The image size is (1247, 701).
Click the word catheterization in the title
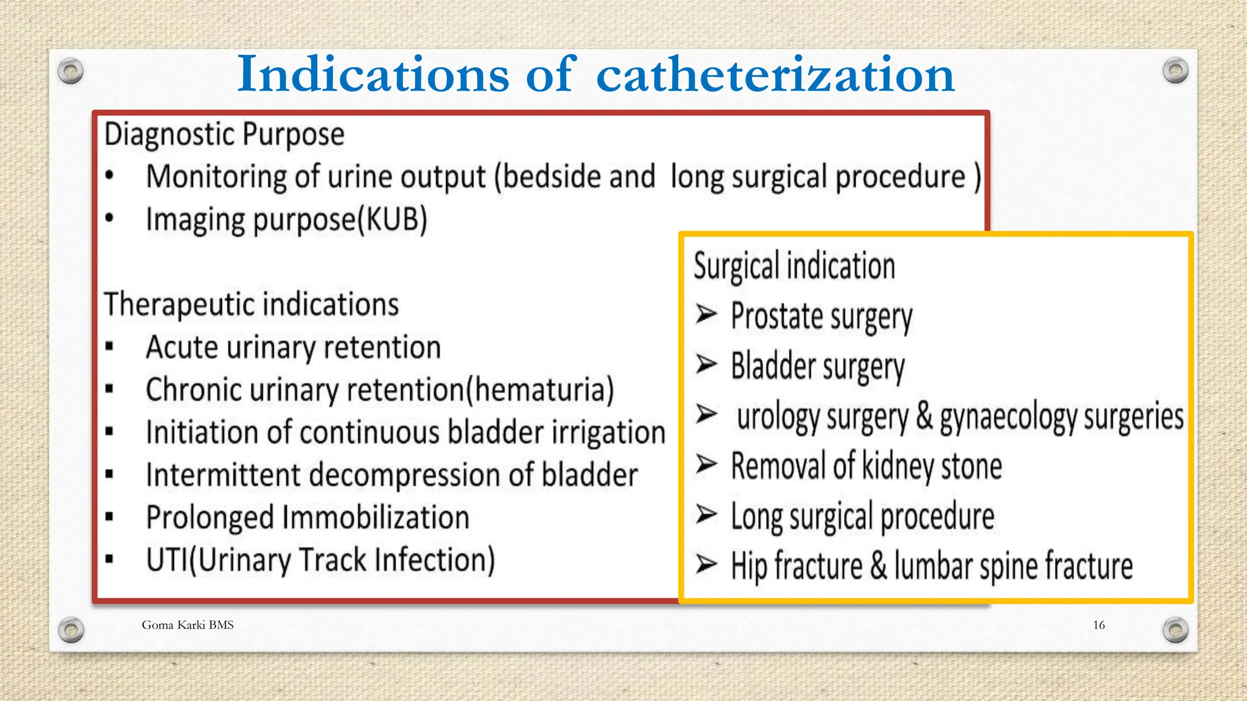(x=775, y=74)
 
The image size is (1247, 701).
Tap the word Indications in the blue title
(x=373, y=74)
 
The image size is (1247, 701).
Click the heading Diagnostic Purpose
(x=224, y=134)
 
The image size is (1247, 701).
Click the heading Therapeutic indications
(x=251, y=304)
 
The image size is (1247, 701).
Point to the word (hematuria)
(x=540, y=390)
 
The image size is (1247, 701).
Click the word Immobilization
(x=376, y=518)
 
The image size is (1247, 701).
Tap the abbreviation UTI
(x=167, y=560)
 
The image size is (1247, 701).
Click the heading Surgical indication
(x=794, y=267)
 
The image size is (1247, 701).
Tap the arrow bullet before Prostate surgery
(x=706, y=314)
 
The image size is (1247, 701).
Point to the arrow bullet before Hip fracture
(x=706, y=564)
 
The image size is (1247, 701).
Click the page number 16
(x=1098, y=625)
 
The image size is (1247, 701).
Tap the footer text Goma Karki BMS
(x=188, y=625)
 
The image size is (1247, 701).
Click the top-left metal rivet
(x=71, y=72)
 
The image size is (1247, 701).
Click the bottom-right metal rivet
(x=1175, y=629)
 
